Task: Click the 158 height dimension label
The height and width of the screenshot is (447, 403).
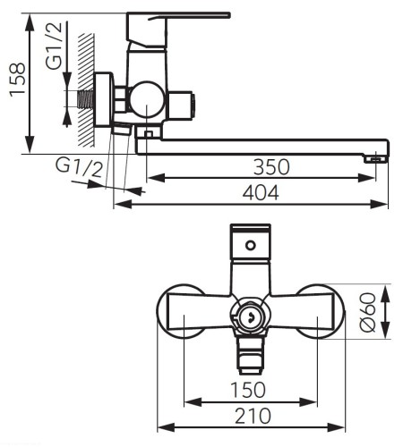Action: click(17, 80)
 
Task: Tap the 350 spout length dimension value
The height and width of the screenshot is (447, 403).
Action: click(271, 167)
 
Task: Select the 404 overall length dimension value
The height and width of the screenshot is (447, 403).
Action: click(261, 193)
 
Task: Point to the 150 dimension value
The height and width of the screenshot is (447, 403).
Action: click(248, 390)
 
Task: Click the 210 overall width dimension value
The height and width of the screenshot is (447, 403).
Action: click(253, 416)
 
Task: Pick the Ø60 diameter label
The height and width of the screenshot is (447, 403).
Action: click(367, 312)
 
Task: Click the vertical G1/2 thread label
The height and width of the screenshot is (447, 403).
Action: click(55, 46)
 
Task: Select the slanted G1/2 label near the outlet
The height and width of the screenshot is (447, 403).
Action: click(79, 168)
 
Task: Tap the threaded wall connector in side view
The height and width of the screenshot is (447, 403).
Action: click(86, 99)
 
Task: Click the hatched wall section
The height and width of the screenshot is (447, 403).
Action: click(86, 90)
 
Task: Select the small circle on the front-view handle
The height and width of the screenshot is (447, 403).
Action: click(251, 246)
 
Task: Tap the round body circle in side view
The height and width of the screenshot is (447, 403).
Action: click(147, 99)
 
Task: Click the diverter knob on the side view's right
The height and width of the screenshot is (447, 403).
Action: click(182, 105)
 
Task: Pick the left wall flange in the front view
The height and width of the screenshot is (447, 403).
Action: click(180, 311)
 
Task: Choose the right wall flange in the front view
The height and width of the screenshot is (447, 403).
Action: click(321, 311)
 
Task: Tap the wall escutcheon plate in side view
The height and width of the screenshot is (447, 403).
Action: click(104, 99)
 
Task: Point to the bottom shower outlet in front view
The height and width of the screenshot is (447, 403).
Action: click(251, 355)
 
